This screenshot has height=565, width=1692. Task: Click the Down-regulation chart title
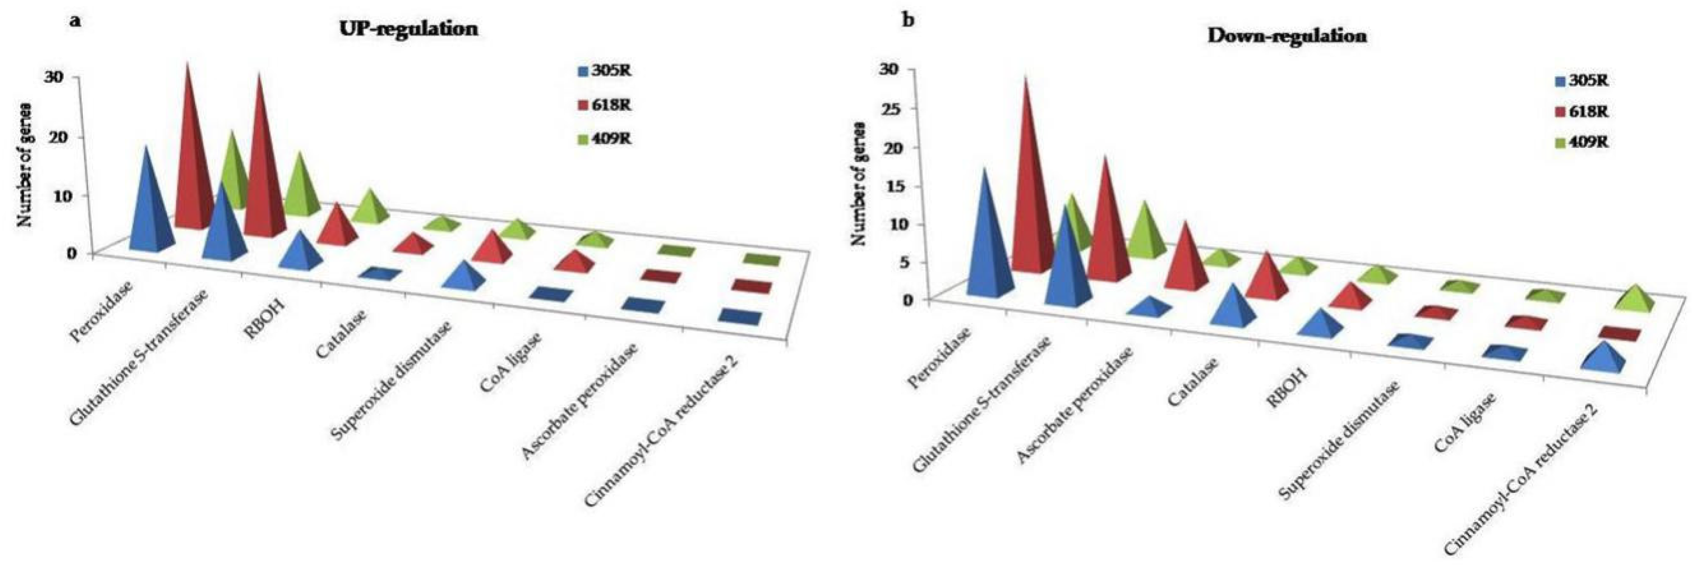[1287, 36]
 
